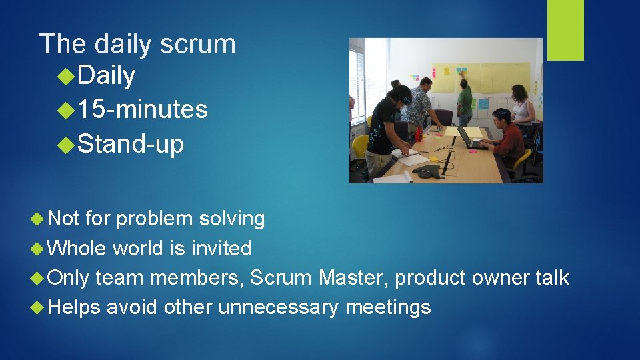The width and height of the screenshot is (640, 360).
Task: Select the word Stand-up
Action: pyautogui.click(x=131, y=143)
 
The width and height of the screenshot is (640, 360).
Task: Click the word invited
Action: pyautogui.click(x=221, y=249)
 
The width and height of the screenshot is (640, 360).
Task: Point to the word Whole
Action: pyautogui.click(x=77, y=249)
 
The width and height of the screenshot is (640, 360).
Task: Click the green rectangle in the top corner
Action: pyautogui.click(x=565, y=29)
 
